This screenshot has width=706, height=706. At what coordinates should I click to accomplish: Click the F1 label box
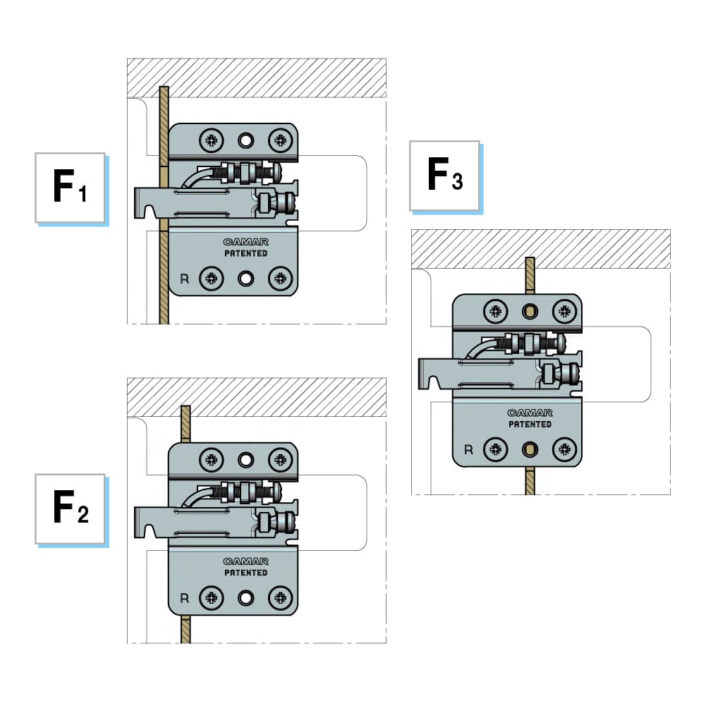(70, 187)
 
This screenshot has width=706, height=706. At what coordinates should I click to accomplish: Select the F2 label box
(70, 508)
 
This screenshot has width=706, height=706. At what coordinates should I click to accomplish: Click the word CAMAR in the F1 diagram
(245, 242)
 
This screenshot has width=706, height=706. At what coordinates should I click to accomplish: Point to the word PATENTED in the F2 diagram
(245, 573)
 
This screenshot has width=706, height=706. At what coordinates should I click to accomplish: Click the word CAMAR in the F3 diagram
(530, 413)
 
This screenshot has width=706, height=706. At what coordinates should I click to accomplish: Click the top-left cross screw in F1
(210, 140)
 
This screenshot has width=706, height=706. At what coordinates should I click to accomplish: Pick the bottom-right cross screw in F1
(280, 278)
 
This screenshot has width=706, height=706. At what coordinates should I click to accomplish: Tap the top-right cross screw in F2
(280, 460)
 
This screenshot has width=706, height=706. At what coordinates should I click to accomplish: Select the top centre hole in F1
(245, 140)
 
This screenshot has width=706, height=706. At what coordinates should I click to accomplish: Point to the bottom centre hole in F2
(245, 598)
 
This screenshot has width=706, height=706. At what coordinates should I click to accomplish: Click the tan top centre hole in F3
(530, 311)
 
